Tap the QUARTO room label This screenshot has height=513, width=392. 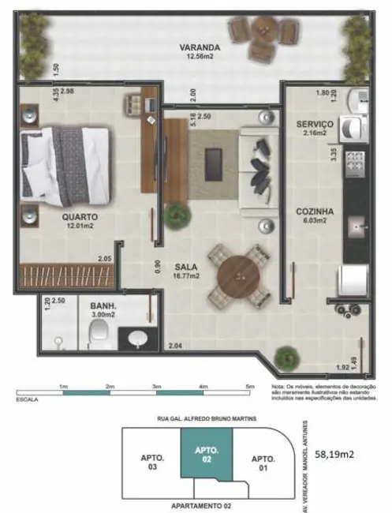point(80,216)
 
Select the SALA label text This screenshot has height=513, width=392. point(186,267)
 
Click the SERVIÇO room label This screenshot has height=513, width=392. point(315,125)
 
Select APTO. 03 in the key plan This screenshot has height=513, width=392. point(151,462)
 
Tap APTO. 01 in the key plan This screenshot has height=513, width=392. point(263,462)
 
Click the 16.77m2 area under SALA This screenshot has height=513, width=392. point(186,276)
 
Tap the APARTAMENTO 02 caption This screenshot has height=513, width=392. point(203,504)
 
